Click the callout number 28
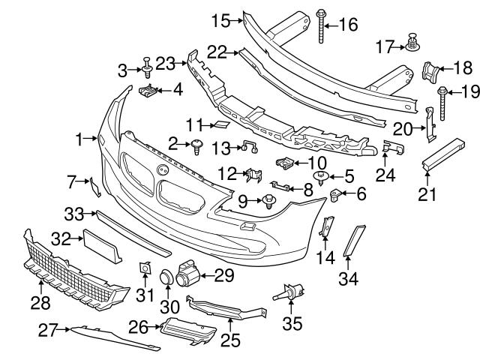point(40,303)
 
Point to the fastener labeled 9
point(267,200)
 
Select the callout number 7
point(73,181)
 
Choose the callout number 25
point(229,340)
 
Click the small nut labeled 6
point(337,196)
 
